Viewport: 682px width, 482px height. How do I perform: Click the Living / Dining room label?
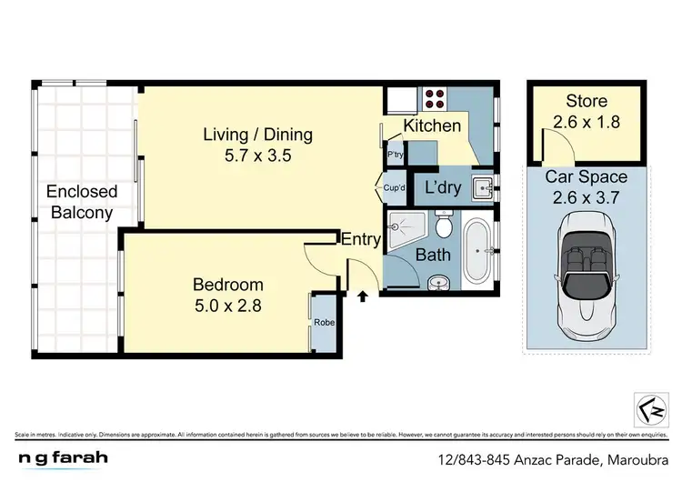click(x=256, y=135)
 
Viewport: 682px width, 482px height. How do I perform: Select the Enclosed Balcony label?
click(x=82, y=202)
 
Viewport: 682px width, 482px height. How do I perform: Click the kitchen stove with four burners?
click(x=432, y=97)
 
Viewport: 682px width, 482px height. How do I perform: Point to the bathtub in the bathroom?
click(x=476, y=249)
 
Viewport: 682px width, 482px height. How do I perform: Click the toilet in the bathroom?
click(x=443, y=223)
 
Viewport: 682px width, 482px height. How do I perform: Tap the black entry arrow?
click(x=364, y=296)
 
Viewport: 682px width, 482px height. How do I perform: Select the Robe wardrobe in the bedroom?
click(x=323, y=322)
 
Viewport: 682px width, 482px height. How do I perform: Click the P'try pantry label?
click(x=395, y=155)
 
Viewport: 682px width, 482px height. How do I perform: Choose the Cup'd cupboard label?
click(x=395, y=187)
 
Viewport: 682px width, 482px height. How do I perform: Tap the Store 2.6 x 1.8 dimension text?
click(x=587, y=121)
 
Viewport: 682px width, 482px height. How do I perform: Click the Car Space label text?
click(x=587, y=177)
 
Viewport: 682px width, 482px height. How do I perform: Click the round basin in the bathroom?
click(x=440, y=281)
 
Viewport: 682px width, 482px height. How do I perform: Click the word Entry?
click(x=360, y=239)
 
